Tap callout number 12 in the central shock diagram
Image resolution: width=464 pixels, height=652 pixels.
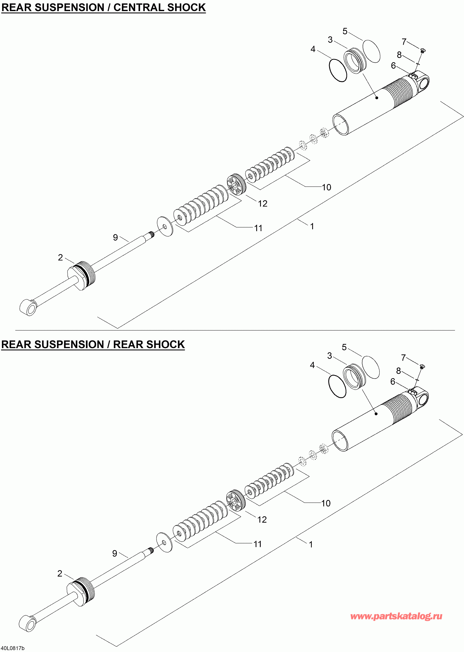tap(263, 204)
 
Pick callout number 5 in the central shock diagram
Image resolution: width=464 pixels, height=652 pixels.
tap(345, 31)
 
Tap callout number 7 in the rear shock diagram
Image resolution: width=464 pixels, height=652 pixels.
tap(403, 358)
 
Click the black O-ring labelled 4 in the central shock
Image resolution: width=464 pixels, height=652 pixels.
tap(338, 70)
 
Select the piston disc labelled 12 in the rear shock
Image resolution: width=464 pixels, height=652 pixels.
tap(236, 501)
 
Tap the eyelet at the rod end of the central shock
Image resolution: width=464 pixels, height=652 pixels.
tap(29, 308)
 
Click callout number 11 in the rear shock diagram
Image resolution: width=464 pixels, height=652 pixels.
tap(258, 544)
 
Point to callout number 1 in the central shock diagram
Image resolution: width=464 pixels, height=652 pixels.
tap(312, 226)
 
